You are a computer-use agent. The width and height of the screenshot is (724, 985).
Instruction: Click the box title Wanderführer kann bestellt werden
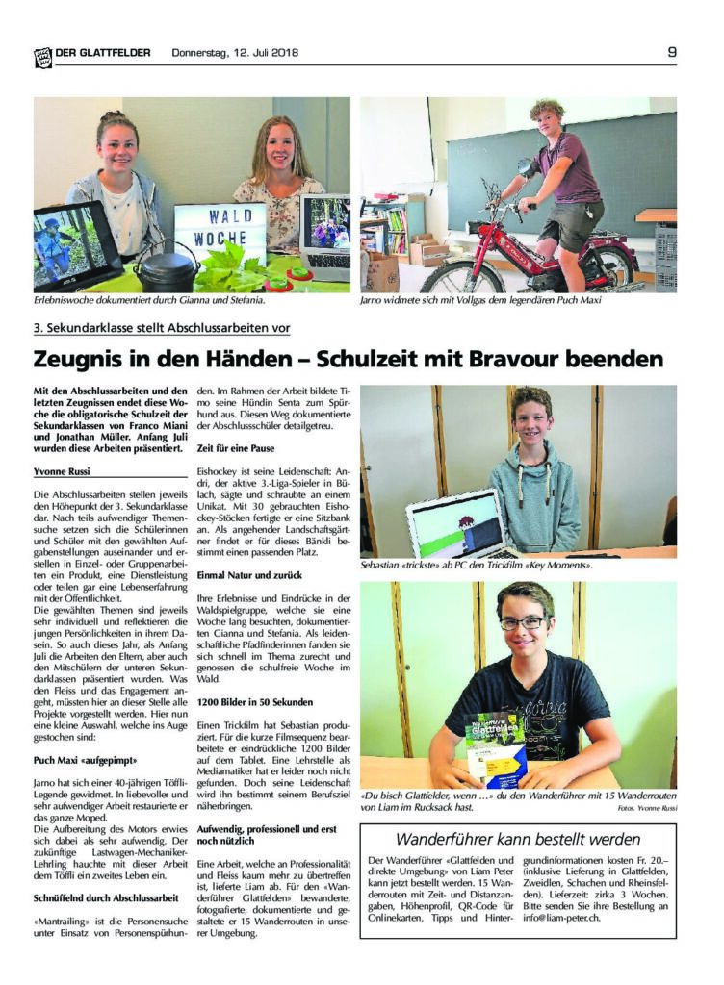519,839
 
